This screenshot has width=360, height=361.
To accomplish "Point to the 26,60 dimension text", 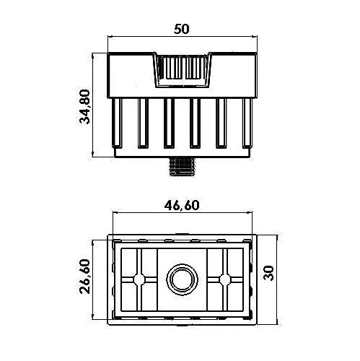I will (x=84, y=278).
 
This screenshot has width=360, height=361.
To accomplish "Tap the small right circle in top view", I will (x=224, y=279).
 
